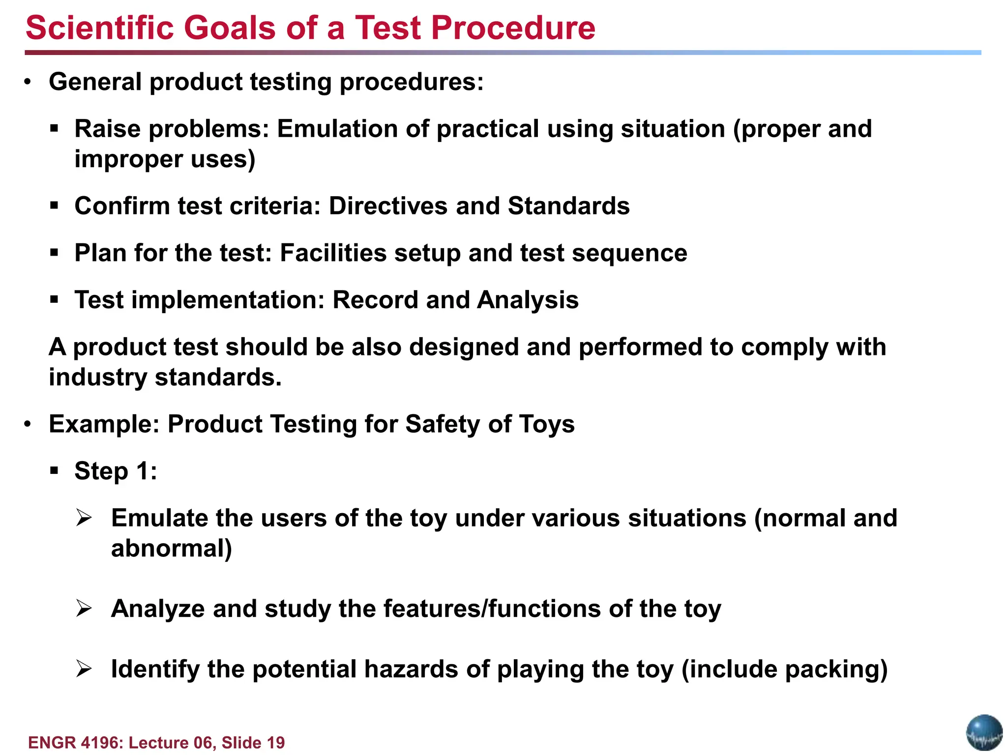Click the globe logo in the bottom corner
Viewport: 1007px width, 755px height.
[x=984, y=732]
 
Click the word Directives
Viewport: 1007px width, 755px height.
[x=388, y=206]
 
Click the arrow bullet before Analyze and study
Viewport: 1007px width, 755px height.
[x=84, y=609]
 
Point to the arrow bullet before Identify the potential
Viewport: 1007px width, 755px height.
[x=84, y=669]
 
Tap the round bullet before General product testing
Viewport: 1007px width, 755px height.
[x=28, y=82]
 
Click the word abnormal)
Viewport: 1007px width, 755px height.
[x=171, y=549]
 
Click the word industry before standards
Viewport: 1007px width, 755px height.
[x=98, y=378]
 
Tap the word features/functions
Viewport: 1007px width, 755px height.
[x=492, y=609]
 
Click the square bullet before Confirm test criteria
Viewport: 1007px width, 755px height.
[x=54, y=206]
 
